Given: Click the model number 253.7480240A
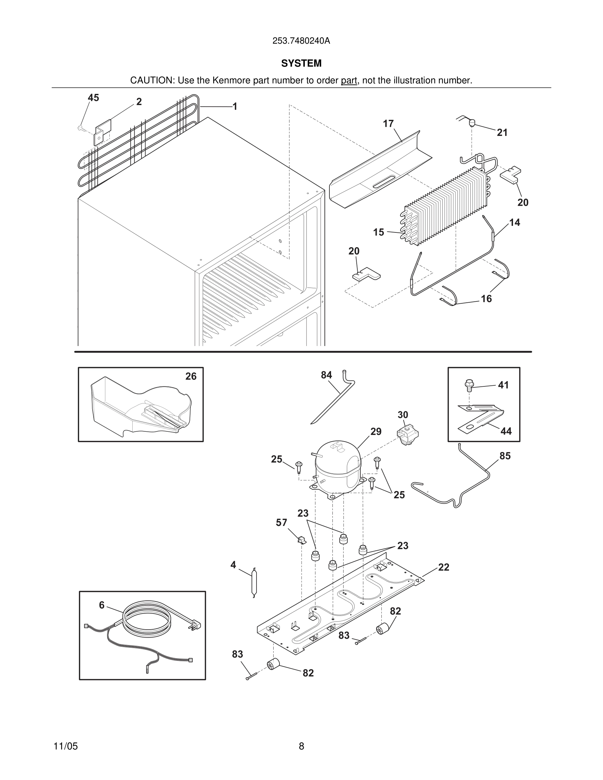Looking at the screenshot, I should click(x=301, y=41).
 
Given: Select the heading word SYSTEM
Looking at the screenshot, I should click(x=301, y=63).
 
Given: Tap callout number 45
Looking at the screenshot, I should click(x=93, y=98).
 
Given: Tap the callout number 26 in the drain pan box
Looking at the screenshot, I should click(x=191, y=376).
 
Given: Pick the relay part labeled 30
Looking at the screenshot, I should click(x=407, y=435).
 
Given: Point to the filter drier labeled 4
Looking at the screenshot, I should click(x=254, y=582).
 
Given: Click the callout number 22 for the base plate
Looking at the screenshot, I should click(x=443, y=567).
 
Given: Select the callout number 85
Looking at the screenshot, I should click(x=505, y=456).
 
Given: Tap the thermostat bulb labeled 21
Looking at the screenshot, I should click(x=472, y=123).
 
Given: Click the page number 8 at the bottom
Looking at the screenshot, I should click(x=301, y=746).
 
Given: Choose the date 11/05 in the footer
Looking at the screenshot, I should click(x=65, y=746).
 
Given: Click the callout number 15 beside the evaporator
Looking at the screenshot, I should click(x=378, y=232).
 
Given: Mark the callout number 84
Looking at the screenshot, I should click(x=326, y=375).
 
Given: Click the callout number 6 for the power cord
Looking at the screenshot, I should click(x=102, y=605).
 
